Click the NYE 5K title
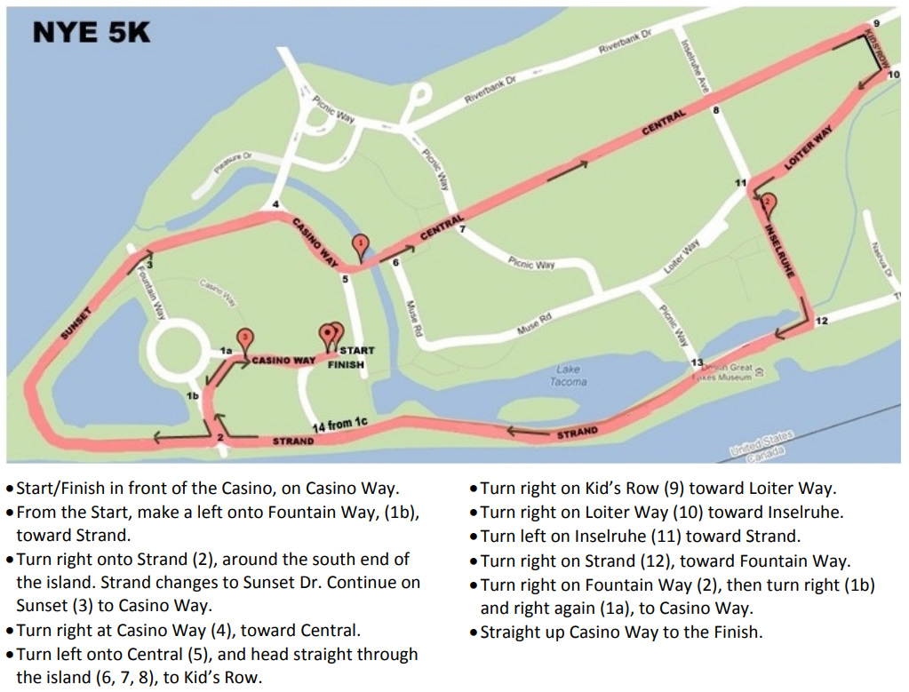(x=92, y=33)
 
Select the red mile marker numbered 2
(x=768, y=203)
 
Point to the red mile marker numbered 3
(x=246, y=338)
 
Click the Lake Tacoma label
(x=569, y=376)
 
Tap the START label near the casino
(x=356, y=350)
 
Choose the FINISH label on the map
(x=347, y=364)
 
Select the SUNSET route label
(x=76, y=322)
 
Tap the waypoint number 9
(x=876, y=22)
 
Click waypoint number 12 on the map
(x=821, y=321)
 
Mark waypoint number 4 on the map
(x=276, y=204)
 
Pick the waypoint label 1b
(x=192, y=395)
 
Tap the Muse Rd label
(x=534, y=323)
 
